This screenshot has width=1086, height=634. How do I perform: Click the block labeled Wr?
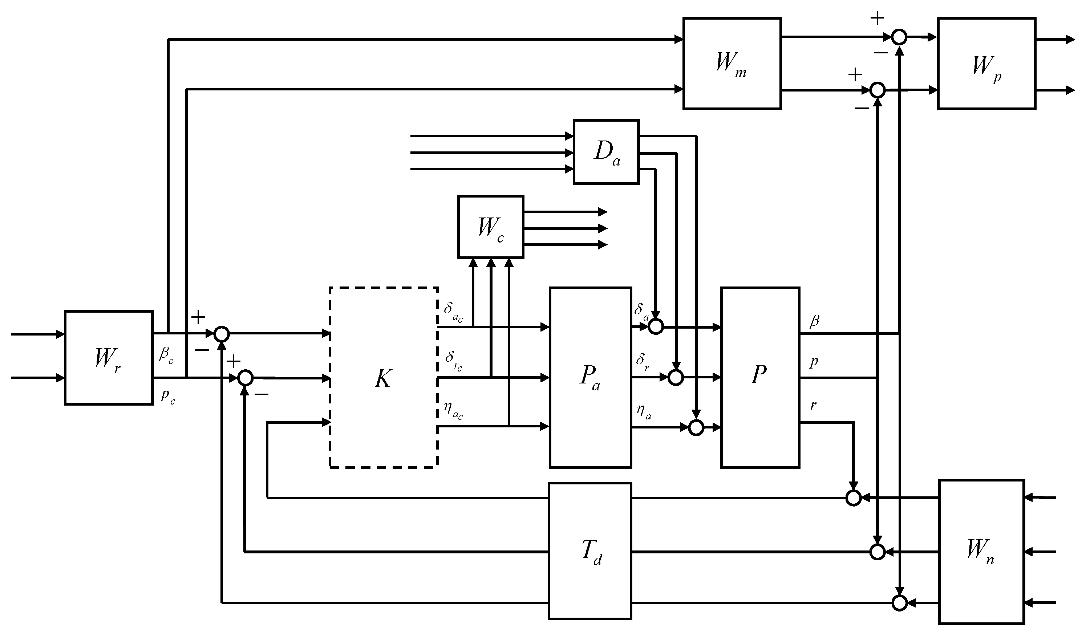coord(109,357)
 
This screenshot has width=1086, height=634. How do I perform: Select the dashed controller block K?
coord(383,377)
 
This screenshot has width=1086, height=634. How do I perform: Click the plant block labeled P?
coord(760,377)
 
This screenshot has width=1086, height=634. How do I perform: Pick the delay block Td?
coord(590,551)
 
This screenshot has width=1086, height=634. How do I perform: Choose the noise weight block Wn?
coord(981,552)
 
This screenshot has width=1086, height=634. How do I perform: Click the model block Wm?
coord(732,63)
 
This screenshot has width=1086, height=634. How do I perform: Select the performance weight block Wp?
coord(986,63)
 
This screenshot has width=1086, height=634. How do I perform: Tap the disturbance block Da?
coord(606,152)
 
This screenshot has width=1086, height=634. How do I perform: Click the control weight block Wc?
coord(490,227)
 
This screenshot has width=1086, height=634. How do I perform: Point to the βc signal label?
coord(166,355)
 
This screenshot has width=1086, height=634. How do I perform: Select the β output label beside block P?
coord(814,321)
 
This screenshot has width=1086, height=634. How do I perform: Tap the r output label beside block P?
coord(813,405)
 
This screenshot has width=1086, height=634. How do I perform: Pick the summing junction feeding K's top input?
coord(222,334)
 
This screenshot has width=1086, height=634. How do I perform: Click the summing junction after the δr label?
coord(675,378)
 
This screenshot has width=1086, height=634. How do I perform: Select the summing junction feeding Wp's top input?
coord(899,37)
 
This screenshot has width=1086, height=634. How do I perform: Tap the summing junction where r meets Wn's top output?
coord(853,498)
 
